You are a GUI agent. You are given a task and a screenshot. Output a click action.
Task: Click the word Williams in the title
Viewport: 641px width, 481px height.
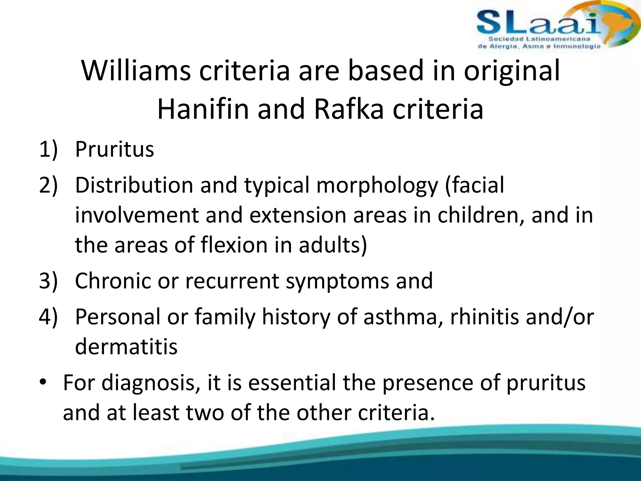point(136,71)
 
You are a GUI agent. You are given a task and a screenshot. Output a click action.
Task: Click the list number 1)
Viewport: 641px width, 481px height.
point(49,149)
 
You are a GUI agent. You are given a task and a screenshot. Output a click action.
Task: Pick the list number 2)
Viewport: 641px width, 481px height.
point(49,185)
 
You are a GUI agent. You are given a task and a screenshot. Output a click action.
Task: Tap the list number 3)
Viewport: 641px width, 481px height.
point(49,281)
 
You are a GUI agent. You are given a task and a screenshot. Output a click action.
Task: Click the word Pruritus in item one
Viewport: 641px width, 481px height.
point(115,149)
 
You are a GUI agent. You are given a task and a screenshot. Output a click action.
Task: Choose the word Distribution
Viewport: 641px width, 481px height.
point(134,185)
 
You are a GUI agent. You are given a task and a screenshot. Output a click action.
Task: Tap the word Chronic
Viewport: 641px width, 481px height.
point(113,281)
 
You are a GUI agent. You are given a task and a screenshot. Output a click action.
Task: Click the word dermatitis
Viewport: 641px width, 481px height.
point(126,347)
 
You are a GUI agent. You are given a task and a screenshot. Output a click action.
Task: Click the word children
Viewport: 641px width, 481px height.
point(480,215)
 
